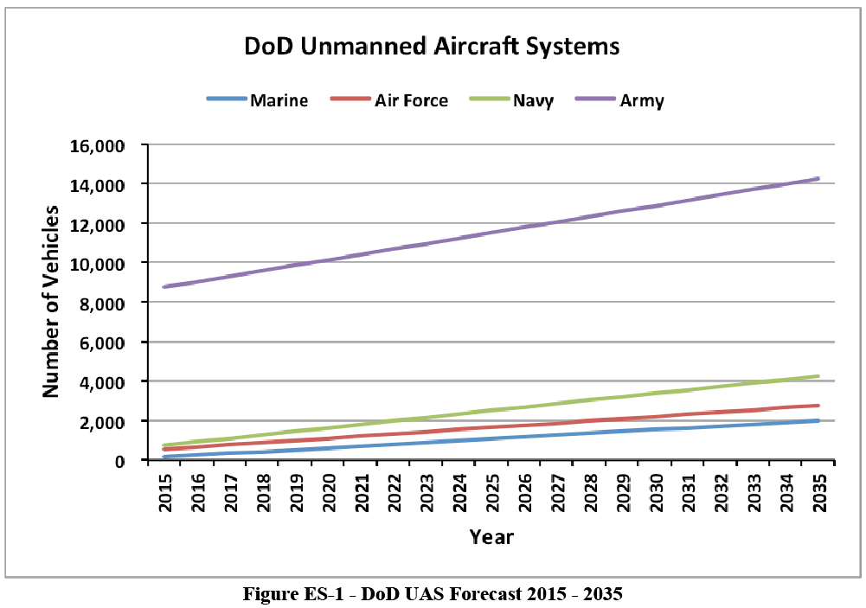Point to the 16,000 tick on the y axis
(97, 145)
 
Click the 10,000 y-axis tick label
(97, 263)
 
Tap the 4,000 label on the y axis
(101, 381)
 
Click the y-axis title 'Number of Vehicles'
(51, 302)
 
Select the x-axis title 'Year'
(491, 537)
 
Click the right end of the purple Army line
(818, 179)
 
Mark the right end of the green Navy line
(818, 376)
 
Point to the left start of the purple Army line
(164, 286)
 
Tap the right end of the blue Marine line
(818, 421)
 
